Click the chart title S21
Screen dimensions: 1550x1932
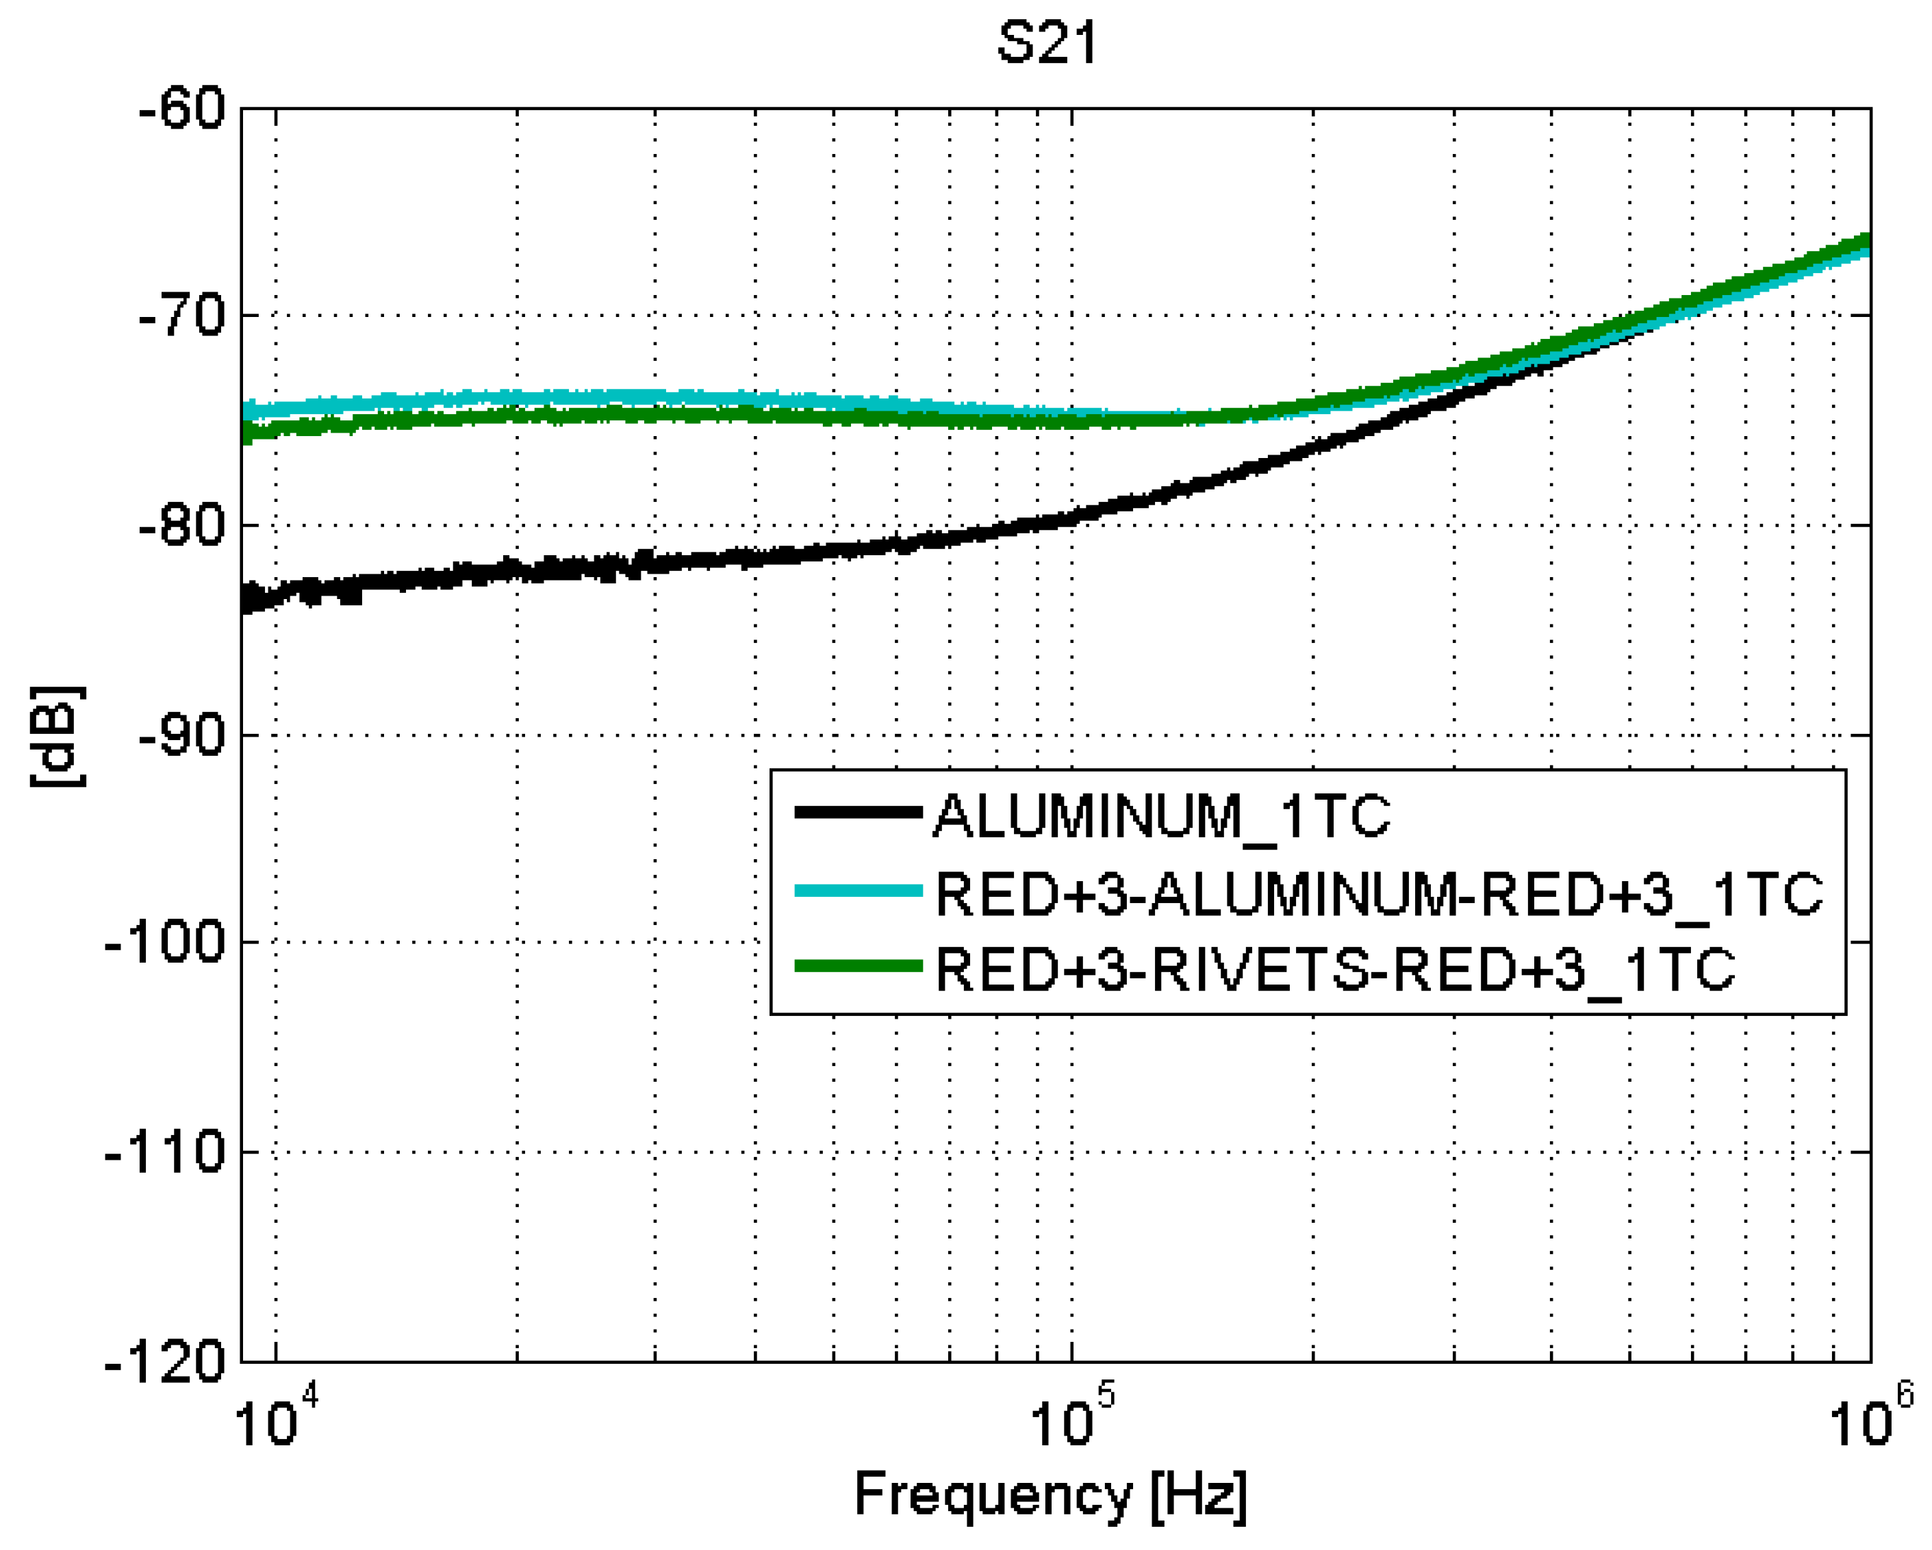coord(1047,43)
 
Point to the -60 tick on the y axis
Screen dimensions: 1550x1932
coord(182,110)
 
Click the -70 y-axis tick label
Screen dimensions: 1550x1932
coord(182,316)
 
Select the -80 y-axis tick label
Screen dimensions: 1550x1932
coord(182,526)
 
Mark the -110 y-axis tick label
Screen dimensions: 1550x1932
coord(166,1152)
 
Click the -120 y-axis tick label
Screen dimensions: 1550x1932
coord(166,1362)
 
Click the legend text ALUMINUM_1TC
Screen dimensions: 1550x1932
coord(1161,815)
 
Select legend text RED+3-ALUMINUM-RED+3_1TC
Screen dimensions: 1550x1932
coord(1378,893)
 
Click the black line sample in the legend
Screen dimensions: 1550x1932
coord(859,813)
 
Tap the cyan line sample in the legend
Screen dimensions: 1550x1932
coord(859,891)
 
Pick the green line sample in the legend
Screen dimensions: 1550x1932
coord(859,966)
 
